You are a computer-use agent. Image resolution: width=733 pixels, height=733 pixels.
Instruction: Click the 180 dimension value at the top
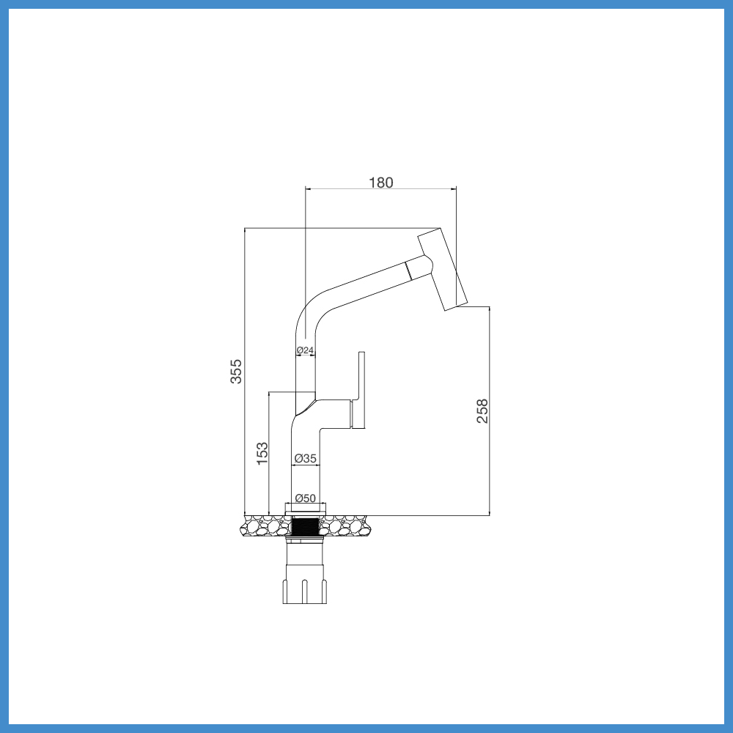tap(380, 183)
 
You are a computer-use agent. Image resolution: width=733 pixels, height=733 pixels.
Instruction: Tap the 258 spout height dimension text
tap(482, 411)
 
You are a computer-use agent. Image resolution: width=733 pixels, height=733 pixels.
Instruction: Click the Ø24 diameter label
tap(305, 350)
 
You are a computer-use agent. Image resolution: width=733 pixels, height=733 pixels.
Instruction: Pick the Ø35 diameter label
tap(305, 458)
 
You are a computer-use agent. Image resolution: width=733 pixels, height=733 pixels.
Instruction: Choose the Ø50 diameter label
tap(305, 498)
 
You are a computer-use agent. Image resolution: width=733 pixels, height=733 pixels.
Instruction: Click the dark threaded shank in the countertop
tap(304, 526)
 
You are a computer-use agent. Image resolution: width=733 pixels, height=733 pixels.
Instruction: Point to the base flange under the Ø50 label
tap(304, 508)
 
